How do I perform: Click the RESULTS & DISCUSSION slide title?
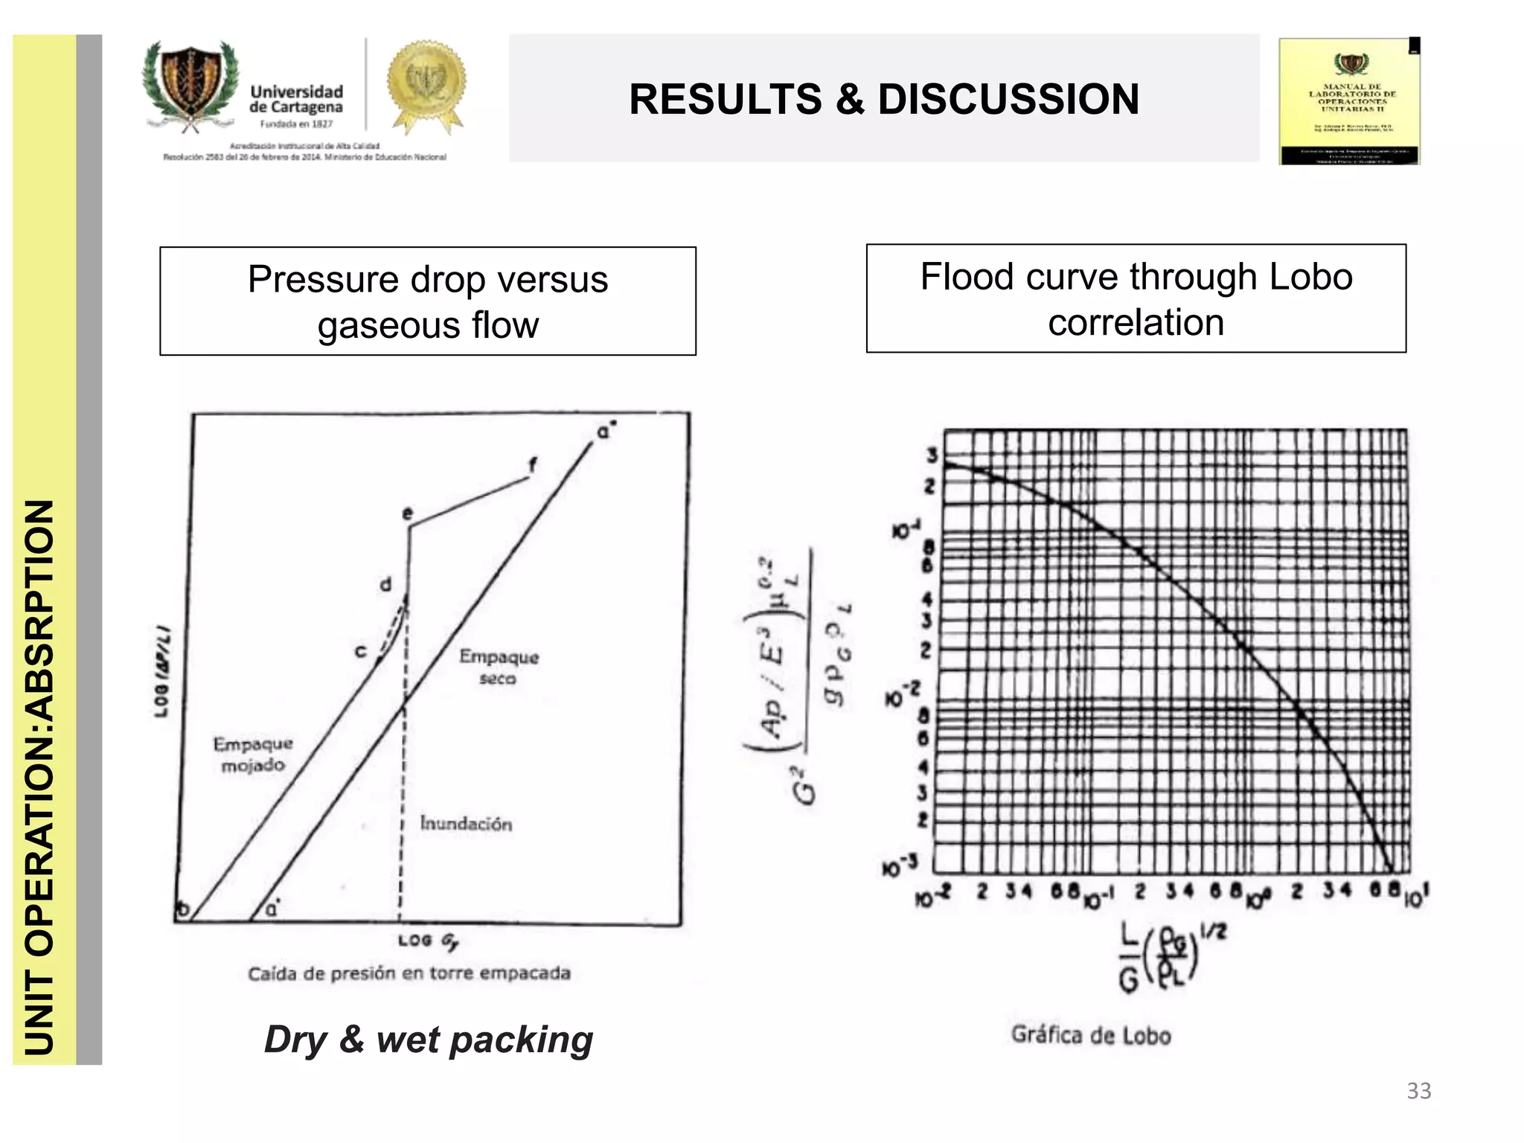883,99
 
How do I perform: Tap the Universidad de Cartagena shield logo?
190,88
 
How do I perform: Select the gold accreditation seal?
426,86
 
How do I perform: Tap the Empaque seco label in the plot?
499,667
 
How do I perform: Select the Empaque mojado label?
253,754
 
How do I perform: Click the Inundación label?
466,824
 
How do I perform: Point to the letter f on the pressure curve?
532,466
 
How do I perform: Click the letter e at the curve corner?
407,513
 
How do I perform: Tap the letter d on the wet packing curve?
385,584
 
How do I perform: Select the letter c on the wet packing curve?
361,652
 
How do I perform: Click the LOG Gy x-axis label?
428,941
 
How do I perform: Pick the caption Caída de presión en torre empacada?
409,973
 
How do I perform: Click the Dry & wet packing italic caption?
429,1040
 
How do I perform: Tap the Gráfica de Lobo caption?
1091,1035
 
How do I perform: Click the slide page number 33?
1418,1091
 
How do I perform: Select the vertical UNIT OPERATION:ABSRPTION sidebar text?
41,778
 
